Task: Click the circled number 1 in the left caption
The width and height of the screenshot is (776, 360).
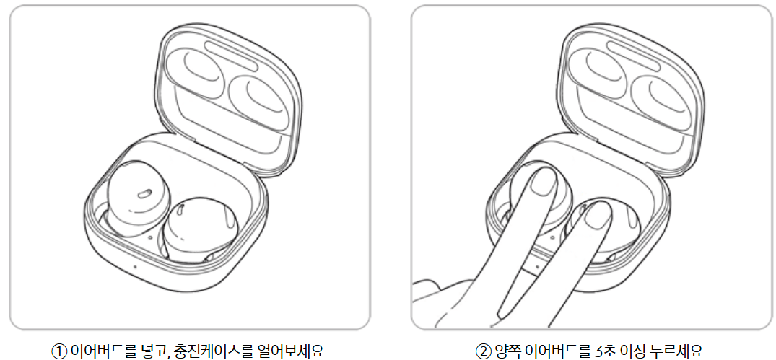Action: click(x=58, y=349)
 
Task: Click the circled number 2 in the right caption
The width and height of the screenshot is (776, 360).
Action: click(x=482, y=349)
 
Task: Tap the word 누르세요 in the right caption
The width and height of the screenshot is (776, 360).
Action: click(x=676, y=349)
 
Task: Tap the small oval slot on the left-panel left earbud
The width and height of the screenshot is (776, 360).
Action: click(x=142, y=193)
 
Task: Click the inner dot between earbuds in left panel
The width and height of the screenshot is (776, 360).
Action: click(x=149, y=236)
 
